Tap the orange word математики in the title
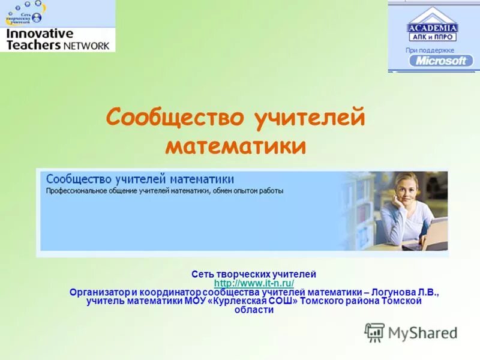[236, 145]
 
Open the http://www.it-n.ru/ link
[254, 283]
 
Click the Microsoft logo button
[441, 61]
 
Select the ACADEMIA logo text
[433, 28]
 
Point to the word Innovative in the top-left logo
[39, 34]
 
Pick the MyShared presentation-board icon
[374, 332]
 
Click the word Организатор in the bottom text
[99, 292]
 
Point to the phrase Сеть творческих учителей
[254, 274]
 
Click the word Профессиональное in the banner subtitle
[77, 191]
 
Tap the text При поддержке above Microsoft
[430, 50]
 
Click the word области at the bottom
[254, 310]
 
